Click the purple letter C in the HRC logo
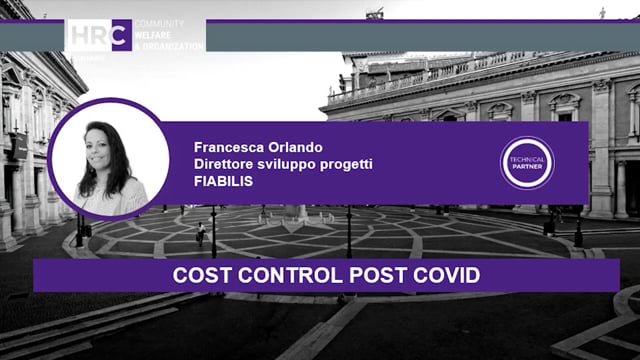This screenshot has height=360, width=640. coord(121,35)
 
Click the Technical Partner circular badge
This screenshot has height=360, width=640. coord(527,163)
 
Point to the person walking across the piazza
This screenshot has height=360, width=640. coord(200,234)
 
